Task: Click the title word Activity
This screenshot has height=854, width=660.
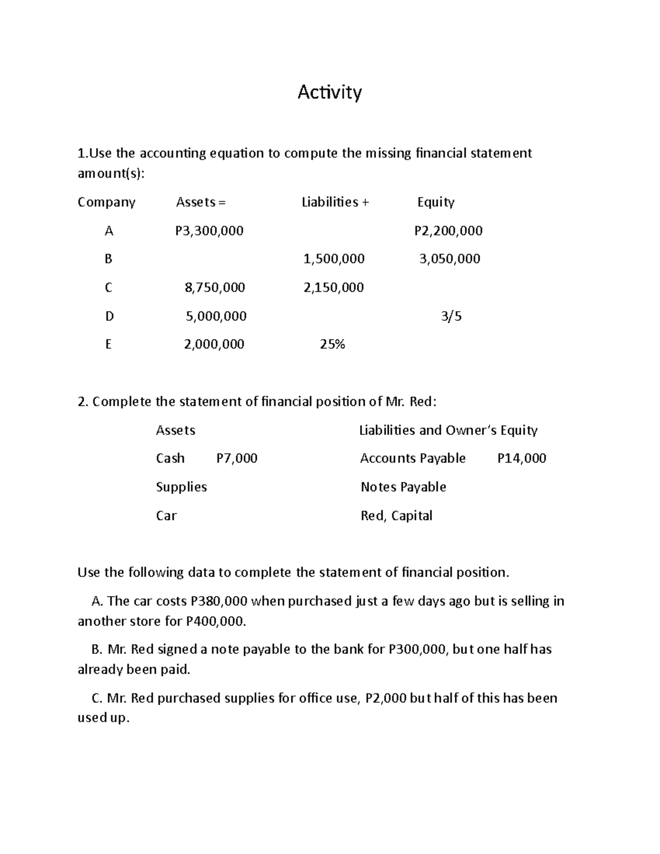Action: point(329,92)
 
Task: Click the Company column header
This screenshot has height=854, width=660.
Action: point(106,202)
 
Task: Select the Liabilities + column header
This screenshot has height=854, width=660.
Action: point(335,202)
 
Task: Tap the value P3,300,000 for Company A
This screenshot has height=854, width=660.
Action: point(209,231)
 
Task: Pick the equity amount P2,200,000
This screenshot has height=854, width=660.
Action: point(448,231)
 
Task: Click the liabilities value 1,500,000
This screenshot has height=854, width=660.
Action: point(334,259)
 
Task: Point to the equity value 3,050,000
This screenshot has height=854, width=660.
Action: point(449,259)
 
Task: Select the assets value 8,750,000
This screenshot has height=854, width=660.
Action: point(215,288)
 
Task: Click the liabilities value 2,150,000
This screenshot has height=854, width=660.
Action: point(333,288)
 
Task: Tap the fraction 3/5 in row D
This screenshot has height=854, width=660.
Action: point(451,316)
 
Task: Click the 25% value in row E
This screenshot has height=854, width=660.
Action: point(332,345)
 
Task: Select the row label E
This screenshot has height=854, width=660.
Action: point(108,345)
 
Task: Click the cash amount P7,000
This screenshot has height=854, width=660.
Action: point(237,459)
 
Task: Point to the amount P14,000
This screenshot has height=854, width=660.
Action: point(521,459)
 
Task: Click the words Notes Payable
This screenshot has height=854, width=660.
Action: point(403,487)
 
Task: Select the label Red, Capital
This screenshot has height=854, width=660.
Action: point(396,516)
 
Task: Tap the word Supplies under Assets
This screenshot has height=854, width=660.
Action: point(181,487)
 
